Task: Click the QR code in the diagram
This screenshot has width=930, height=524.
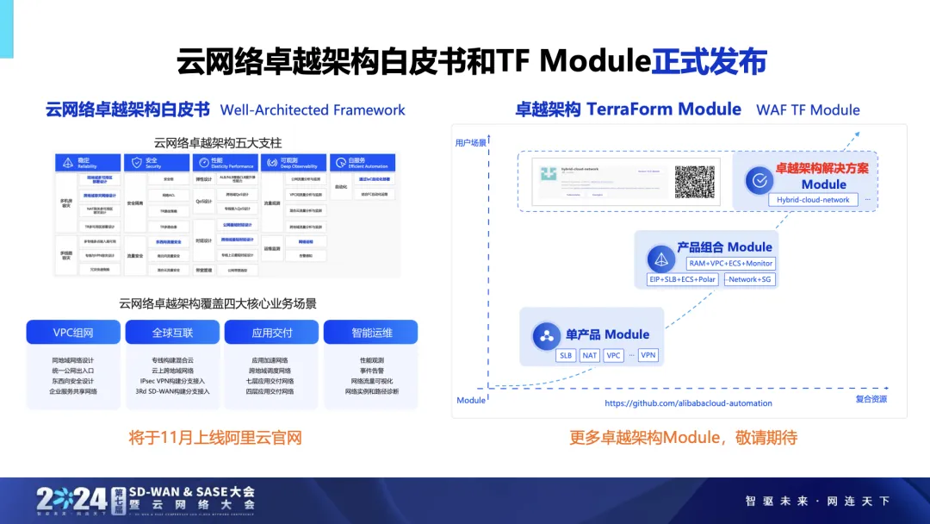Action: pos(694,181)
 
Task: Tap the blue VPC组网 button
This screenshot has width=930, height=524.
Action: pos(72,333)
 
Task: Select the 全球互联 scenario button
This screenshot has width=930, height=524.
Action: pos(172,333)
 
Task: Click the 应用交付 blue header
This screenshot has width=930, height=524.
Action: pos(271,333)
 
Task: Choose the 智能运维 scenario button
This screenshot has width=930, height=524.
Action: pos(371,333)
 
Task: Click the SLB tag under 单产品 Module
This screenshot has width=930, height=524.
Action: pos(566,355)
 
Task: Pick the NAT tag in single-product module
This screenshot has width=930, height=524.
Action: pos(590,355)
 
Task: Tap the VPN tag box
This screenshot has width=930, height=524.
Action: pos(648,355)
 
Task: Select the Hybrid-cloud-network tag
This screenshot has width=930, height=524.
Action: pos(813,200)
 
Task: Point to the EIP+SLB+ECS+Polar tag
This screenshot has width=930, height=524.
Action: pos(682,279)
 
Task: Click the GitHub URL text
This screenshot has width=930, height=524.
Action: pos(688,403)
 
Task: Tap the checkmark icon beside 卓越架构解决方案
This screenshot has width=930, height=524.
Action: pos(759,181)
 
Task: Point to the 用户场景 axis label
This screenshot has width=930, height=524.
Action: pos(471,142)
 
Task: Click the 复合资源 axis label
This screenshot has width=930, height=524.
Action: pos(871,400)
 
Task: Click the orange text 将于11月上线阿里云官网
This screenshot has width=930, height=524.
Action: pos(214,438)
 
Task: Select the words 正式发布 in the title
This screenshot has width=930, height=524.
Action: pos(709,62)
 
